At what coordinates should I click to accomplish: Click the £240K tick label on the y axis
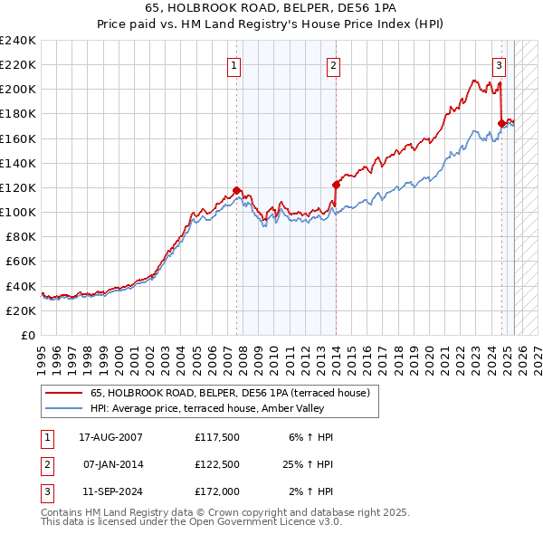(x=18, y=41)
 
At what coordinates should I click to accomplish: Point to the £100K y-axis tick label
(x=18, y=212)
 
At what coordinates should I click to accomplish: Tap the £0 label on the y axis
(x=27, y=335)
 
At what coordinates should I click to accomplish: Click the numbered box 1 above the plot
(x=234, y=64)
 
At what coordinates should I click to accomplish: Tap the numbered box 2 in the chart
(x=333, y=64)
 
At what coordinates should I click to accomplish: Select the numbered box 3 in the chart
(x=499, y=64)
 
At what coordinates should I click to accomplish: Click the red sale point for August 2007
(x=237, y=190)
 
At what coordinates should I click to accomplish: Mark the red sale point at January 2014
(x=336, y=185)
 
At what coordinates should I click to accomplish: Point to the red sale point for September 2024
(x=501, y=123)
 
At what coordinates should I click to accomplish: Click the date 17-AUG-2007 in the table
(x=104, y=437)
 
